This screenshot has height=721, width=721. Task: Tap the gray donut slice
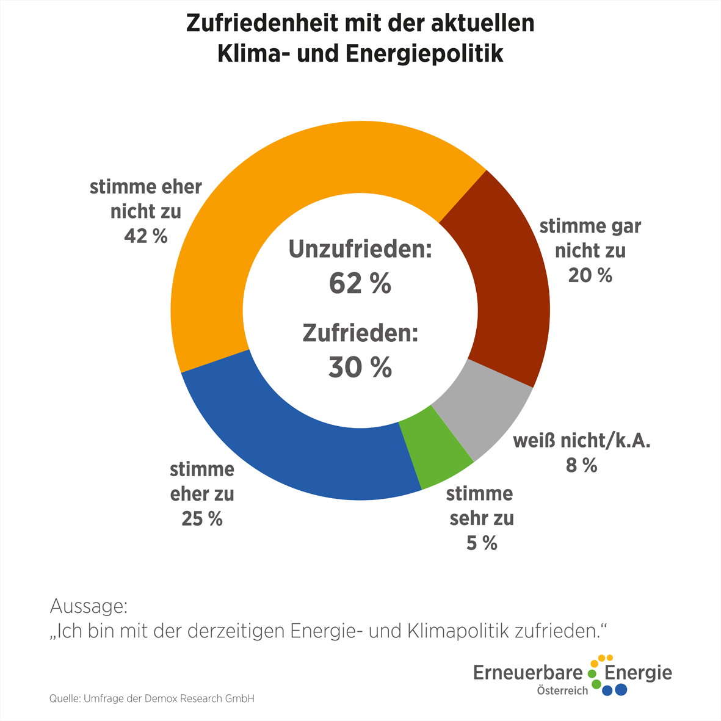482,409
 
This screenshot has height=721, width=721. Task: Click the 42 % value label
145,236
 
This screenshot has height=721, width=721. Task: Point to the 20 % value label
590,275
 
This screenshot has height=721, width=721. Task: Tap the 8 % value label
581,465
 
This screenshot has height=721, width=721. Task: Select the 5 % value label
482,543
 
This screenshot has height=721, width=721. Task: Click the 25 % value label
201,518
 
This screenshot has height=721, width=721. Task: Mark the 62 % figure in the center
360,283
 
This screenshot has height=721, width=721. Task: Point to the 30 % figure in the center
360,368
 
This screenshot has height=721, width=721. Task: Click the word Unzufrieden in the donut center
360,250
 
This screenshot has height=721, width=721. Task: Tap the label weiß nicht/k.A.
581,441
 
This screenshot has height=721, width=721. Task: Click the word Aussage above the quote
89,607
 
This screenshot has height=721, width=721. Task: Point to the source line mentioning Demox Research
151,698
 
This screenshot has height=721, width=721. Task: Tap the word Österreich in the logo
562,690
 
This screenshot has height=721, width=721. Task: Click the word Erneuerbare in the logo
528,673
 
